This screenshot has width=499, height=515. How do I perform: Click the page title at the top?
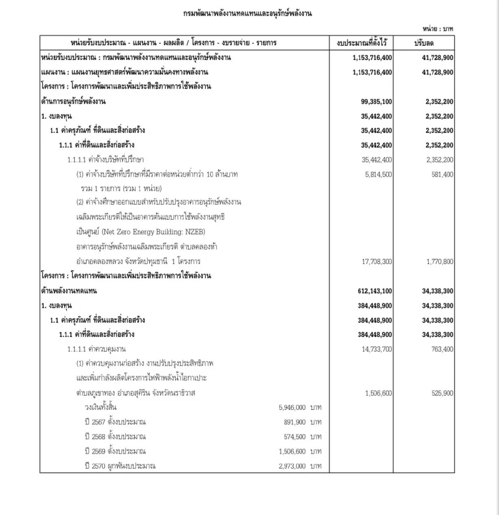[247, 14]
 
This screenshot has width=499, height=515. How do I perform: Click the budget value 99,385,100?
[375, 102]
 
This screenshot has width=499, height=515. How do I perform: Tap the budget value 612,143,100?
[373, 291]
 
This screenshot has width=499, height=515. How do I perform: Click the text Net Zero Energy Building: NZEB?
[156, 232]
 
